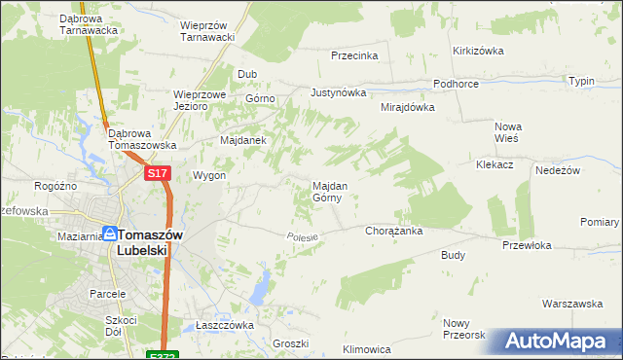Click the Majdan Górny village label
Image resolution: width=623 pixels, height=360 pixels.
pos(326,191)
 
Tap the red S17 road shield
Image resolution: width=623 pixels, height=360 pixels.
pos(159,173)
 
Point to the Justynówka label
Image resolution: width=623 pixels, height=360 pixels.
pos(338,93)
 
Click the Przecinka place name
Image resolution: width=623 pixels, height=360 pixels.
pos(353,55)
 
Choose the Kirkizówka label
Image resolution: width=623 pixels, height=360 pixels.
pos(476,51)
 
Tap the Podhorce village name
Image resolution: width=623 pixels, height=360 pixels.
pos(456,84)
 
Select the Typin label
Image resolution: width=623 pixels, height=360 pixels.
pos(581,81)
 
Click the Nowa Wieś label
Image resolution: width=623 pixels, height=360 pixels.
pos(508,132)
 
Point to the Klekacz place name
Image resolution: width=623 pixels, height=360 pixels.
pos(495,165)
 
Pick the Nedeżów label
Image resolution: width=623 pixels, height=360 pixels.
pos(558,169)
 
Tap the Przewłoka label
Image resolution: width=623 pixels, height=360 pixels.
pos(527,246)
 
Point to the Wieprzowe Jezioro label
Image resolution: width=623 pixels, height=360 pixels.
pos(200,100)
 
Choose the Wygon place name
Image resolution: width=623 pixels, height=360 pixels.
pos(209,176)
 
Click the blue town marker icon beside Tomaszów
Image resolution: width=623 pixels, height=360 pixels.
pos(110,234)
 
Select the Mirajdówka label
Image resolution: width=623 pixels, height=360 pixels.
pos(407,107)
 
